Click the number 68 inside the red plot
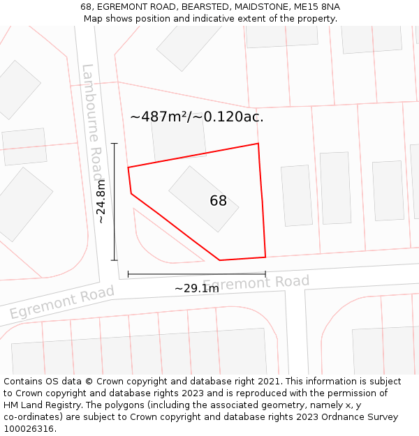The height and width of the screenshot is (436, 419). click(x=218, y=201)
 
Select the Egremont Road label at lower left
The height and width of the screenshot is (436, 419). click(x=61, y=302)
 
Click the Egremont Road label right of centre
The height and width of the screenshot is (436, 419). click(x=256, y=283)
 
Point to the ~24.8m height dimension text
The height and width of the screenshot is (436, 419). click(x=101, y=202)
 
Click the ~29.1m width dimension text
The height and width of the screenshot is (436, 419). click(x=196, y=288)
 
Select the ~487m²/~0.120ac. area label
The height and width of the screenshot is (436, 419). click(x=197, y=117)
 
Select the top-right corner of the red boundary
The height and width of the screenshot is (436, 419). click(x=258, y=144)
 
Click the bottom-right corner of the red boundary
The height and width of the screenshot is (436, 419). click(x=265, y=257)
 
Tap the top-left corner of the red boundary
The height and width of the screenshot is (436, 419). click(x=128, y=167)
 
